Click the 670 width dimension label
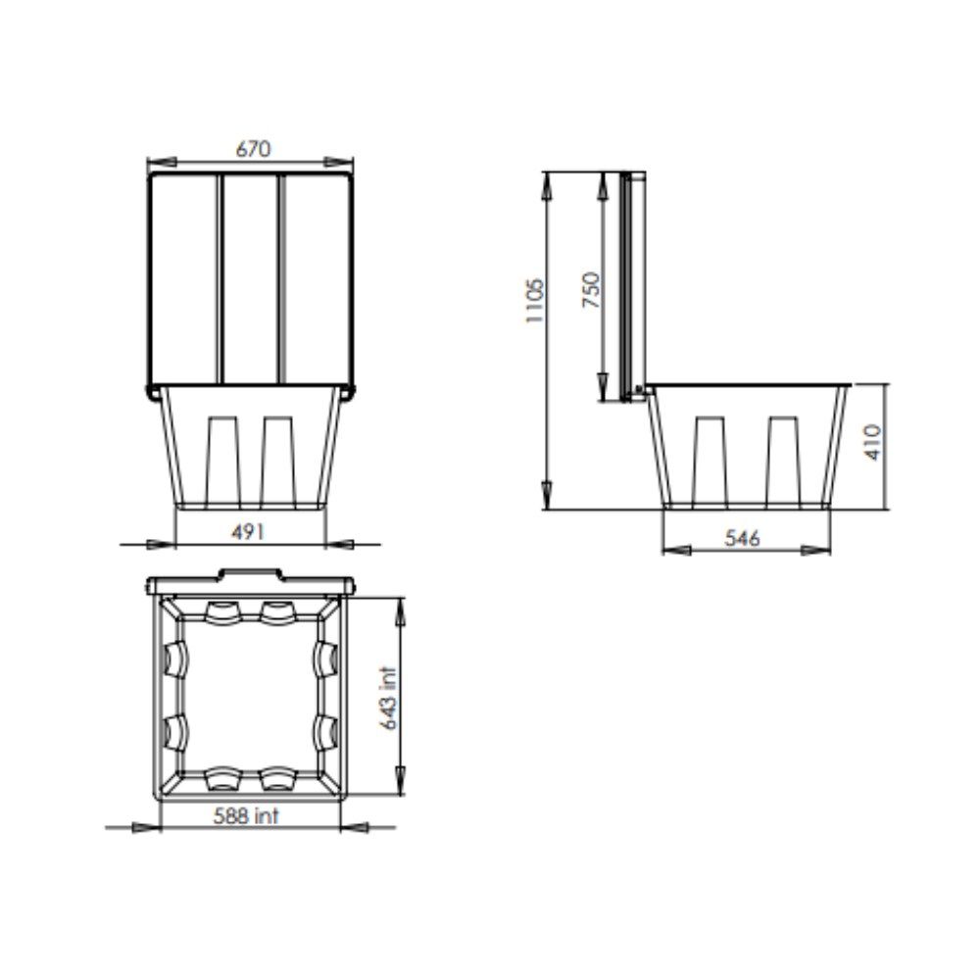tap(253, 149)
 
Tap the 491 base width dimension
tap(248, 532)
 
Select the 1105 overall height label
tap(535, 301)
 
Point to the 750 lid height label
tap(591, 289)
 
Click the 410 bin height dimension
tap(873, 443)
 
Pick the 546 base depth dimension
tap(742, 538)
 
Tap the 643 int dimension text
tap(388, 698)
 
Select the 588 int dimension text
tap(246, 815)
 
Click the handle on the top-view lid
tap(250, 572)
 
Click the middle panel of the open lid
tap(250, 278)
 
